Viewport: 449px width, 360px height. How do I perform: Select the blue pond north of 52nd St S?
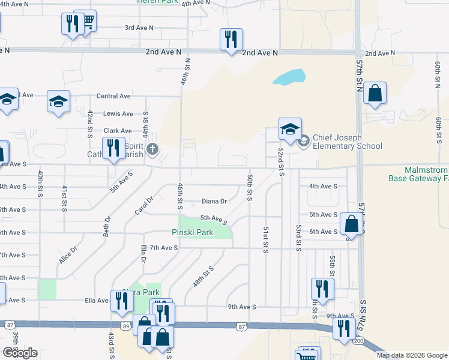pyautogui.click(x=289, y=77)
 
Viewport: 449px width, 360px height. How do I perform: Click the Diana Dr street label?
pyautogui.click(x=214, y=202)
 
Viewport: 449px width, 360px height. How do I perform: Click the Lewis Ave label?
pyautogui.click(x=118, y=113)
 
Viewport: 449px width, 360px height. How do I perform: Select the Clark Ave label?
pyautogui.click(x=118, y=130)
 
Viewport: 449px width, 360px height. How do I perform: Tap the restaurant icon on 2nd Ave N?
pyautogui.click(x=231, y=40)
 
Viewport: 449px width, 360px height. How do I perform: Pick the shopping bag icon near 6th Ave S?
pyautogui.click(x=351, y=224)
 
